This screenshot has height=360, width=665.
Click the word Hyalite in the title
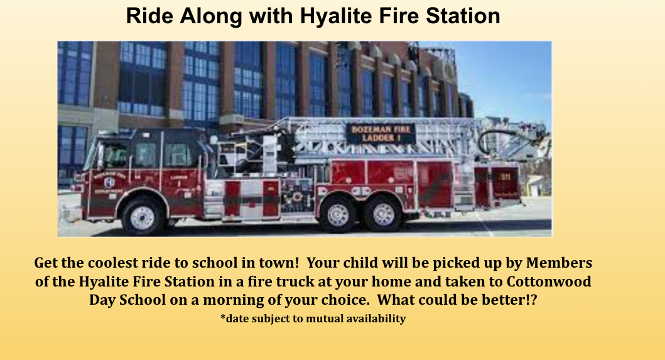click(336, 16)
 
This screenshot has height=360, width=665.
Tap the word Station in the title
click(463, 16)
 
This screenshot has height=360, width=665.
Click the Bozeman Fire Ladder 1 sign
click(381, 133)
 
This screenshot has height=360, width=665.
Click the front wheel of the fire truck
click(143, 217)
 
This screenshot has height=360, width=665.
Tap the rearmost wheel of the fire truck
click(383, 214)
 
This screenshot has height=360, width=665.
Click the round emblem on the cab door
click(109, 182)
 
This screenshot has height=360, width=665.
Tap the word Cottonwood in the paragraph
click(549, 281)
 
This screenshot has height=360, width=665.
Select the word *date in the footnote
click(235, 319)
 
